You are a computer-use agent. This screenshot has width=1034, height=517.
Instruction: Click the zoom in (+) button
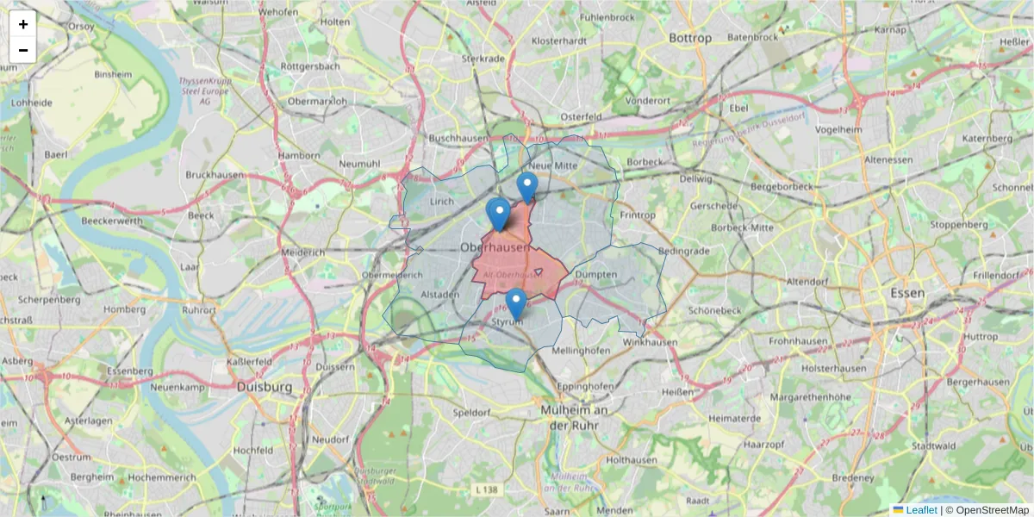(x=23, y=24)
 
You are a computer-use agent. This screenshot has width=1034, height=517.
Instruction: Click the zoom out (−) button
(x=23, y=50)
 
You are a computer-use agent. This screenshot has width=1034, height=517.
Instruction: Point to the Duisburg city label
(x=264, y=388)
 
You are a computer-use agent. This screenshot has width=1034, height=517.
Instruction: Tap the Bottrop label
(x=690, y=38)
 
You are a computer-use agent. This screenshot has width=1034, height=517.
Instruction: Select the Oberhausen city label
(x=494, y=247)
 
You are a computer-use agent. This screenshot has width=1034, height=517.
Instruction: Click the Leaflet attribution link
(x=921, y=510)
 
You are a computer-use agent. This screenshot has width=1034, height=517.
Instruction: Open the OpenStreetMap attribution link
(x=993, y=510)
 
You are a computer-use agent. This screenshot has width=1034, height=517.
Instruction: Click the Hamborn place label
(x=299, y=155)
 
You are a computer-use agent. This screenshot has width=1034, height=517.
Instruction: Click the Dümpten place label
(x=595, y=275)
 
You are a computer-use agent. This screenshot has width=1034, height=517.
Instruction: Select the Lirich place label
(x=441, y=201)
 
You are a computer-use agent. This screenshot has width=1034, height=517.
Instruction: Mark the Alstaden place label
(x=439, y=294)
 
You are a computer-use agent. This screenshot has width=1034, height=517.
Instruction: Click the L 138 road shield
(x=487, y=489)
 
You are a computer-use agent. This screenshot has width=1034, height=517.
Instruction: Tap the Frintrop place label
(x=638, y=215)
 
